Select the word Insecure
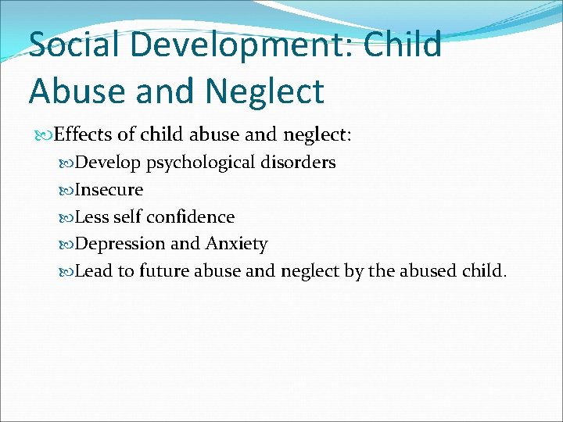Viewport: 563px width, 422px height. click(x=109, y=189)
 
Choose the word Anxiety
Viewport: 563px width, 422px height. click(x=236, y=244)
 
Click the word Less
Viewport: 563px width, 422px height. click(x=91, y=216)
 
